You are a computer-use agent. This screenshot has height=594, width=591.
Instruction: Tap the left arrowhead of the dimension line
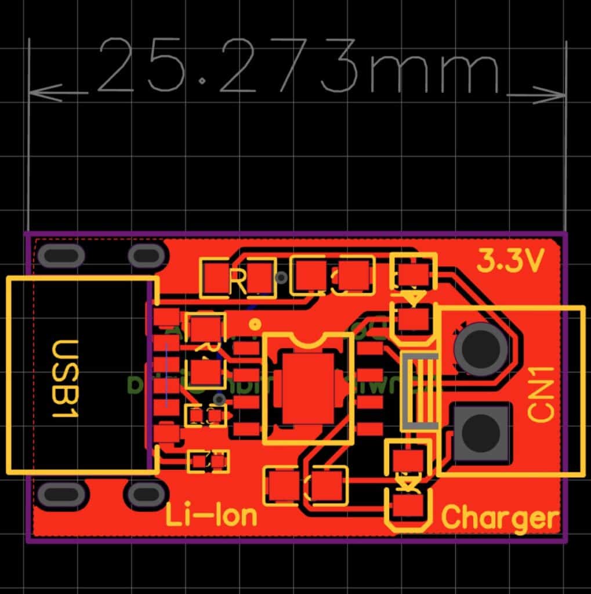(44, 92)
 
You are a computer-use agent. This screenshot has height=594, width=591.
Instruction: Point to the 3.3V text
(510, 262)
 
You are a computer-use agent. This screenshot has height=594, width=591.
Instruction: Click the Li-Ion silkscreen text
(212, 515)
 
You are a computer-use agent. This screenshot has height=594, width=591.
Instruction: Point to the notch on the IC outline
(308, 338)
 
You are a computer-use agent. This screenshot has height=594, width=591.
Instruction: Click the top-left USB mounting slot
(61, 256)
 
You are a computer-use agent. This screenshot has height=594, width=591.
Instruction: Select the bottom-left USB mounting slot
(61, 494)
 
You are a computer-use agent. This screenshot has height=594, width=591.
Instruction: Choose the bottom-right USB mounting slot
(146, 494)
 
